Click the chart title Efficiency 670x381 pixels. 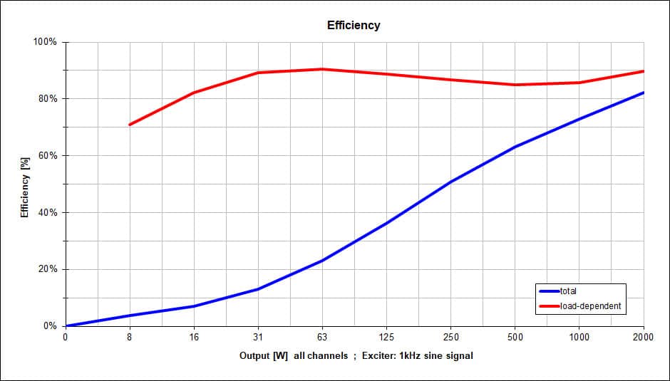point(354,25)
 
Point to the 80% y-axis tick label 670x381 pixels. point(48,99)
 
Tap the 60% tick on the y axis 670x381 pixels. point(48,156)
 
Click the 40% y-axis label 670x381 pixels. point(48,213)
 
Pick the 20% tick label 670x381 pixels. point(48,270)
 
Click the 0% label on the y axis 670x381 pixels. point(51,326)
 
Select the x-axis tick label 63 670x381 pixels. point(322,338)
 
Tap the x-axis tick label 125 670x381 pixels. point(386,338)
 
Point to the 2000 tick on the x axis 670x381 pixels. point(643,338)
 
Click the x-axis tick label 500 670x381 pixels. point(515,338)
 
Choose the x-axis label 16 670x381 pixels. point(194,338)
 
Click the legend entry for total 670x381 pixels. point(568,291)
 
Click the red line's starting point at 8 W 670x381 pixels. point(130,125)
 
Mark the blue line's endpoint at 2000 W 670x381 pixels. point(643,93)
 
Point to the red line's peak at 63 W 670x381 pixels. point(322,69)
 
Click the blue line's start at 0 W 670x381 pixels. point(66,326)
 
